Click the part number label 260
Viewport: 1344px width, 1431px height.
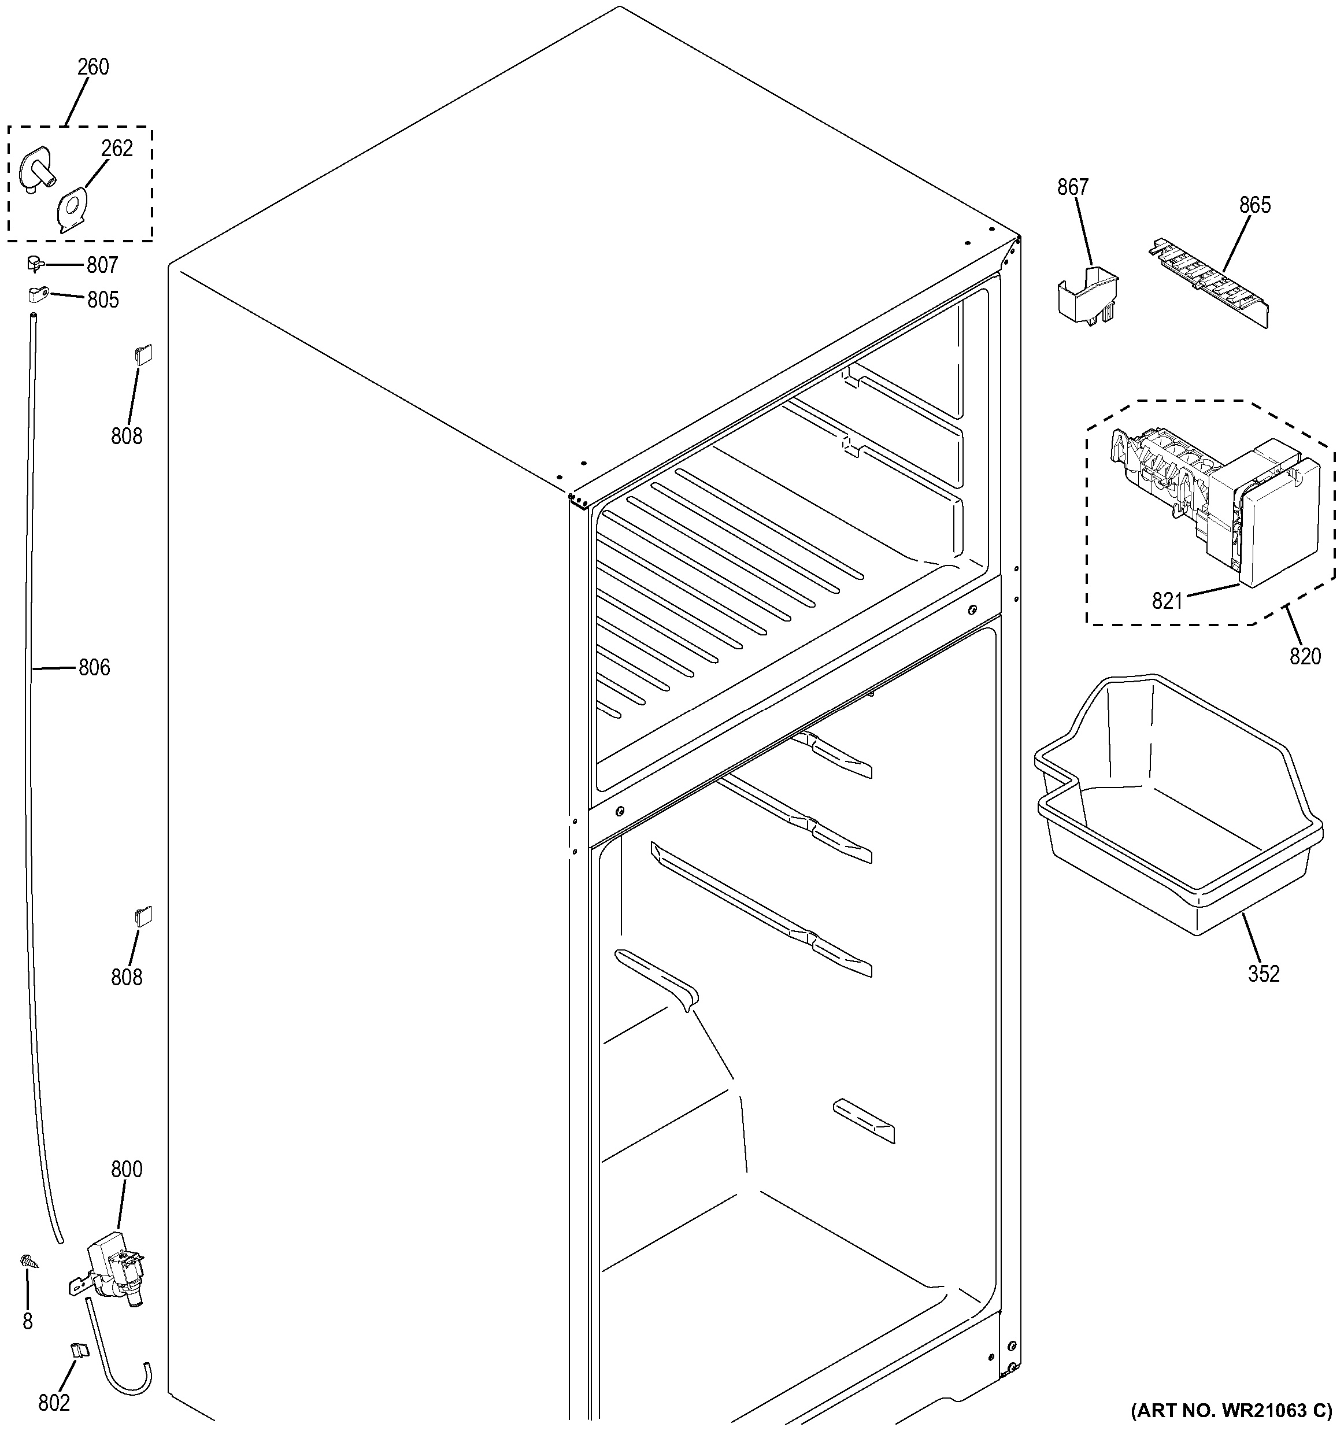point(94,67)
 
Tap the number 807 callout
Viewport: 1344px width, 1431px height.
point(102,265)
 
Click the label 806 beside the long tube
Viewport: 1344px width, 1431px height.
point(94,668)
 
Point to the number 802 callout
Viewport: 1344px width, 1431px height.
point(54,1402)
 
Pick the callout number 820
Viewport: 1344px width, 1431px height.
point(1305,656)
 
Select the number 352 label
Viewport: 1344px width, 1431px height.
point(1264,974)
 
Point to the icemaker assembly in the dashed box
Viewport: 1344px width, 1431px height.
point(1216,504)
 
